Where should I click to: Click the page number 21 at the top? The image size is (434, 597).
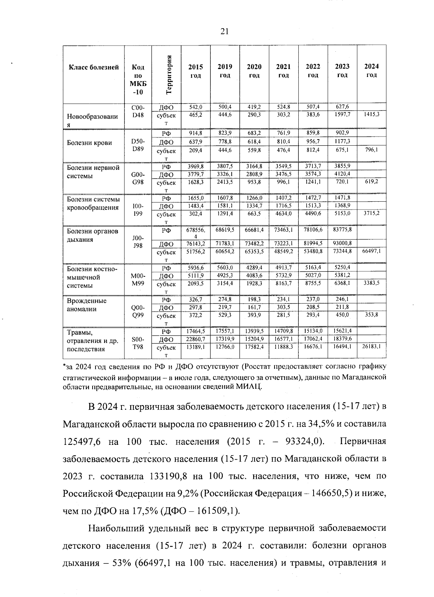point(224,31)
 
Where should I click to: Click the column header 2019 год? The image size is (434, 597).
point(225,71)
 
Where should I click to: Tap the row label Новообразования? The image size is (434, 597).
point(92,120)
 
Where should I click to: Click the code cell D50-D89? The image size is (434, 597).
point(138,145)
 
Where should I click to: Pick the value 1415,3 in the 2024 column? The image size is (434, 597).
point(371,114)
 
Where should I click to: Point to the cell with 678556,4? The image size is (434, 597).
point(195,232)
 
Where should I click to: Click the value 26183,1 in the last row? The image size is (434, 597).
point(371,346)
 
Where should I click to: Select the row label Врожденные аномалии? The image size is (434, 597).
point(87,305)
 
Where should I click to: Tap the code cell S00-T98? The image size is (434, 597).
point(138,343)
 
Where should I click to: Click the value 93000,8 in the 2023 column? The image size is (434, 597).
point(342,243)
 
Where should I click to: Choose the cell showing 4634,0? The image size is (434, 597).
point(283,213)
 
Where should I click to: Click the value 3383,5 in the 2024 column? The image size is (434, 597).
point(371,283)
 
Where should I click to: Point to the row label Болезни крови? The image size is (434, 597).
point(89,143)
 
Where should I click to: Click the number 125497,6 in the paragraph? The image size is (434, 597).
point(81,441)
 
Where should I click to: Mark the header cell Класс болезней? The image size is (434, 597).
point(94,67)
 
